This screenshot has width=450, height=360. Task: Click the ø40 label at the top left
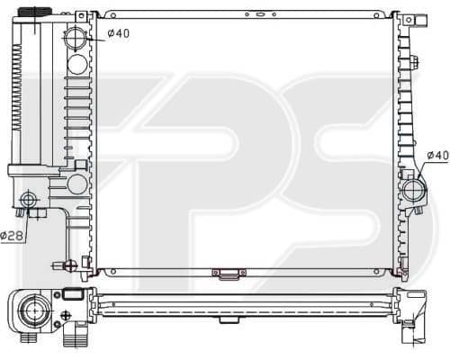pyautogui.click(x=119, y=33)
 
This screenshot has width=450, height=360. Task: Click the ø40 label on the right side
pyautogui.click(x=438, y=155)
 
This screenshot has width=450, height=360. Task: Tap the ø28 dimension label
pyautogui.click(x=12, y=235)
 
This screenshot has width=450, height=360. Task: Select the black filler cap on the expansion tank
pyautogui.click(x=35, y=12)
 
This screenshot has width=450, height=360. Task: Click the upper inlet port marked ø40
pyautogui.click(x=75, y=39)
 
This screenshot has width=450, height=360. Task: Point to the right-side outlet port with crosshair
pyautogui.click(x=414, y=190)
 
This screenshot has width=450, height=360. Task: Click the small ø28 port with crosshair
pyautogui.click(x=29, y=199)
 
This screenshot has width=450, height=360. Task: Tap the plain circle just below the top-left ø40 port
pyautogui.click(x=77, y=65)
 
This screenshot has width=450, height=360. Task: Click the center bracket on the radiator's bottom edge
pyautogui.click(x=229, y=274)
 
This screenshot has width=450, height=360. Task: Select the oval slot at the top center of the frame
pyautogui.click(x=260, y=14)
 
